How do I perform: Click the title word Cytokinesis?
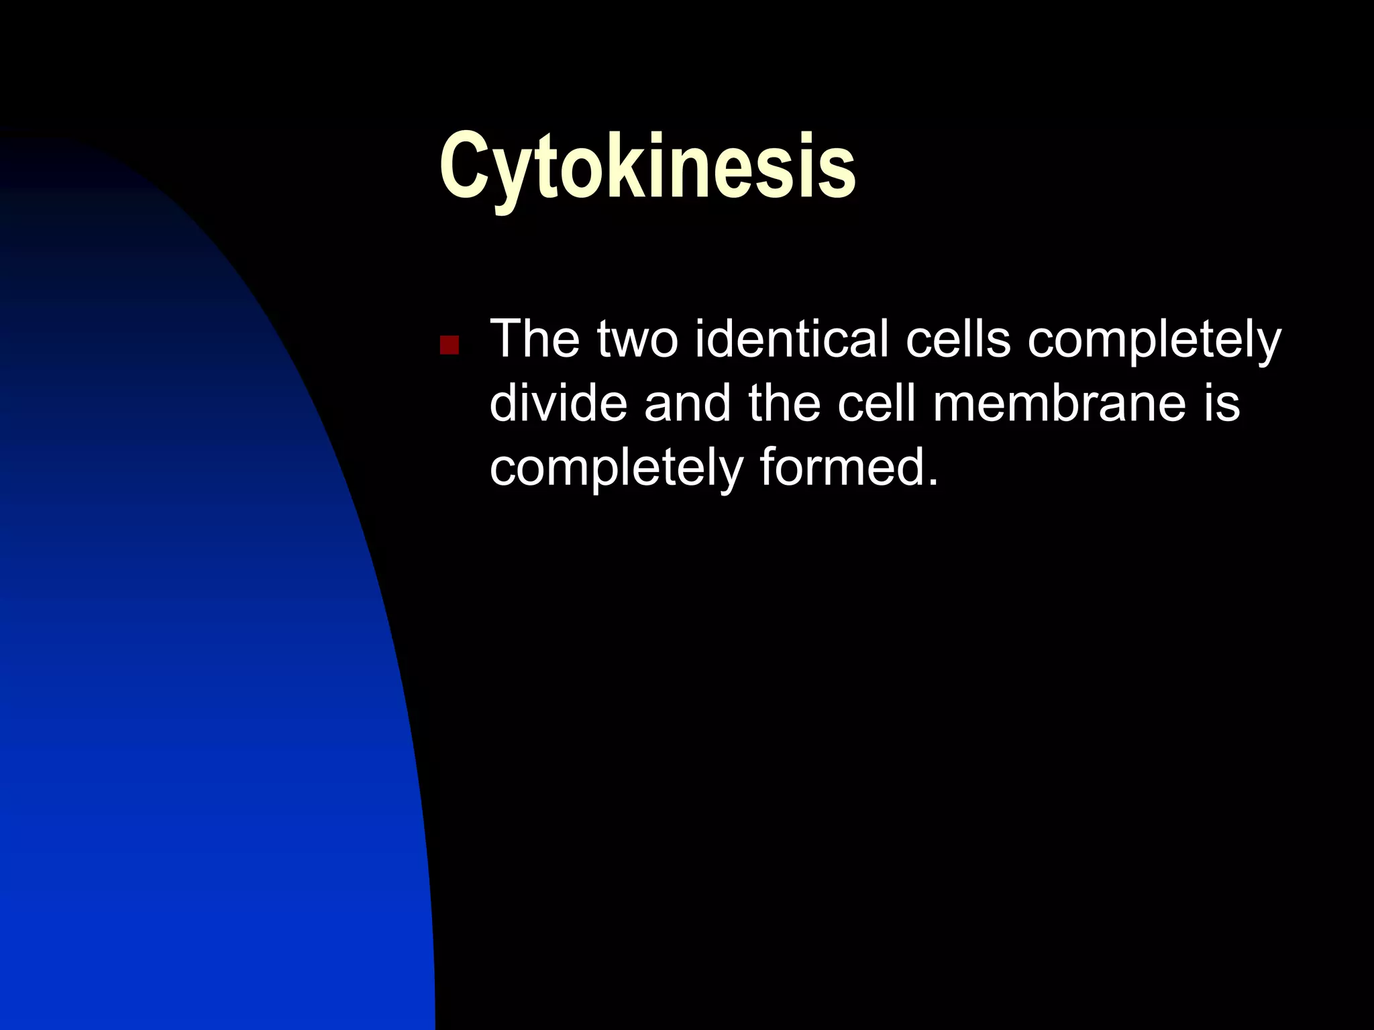click(x=647, y=166)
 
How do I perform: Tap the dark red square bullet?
click(x=449, y=345)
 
